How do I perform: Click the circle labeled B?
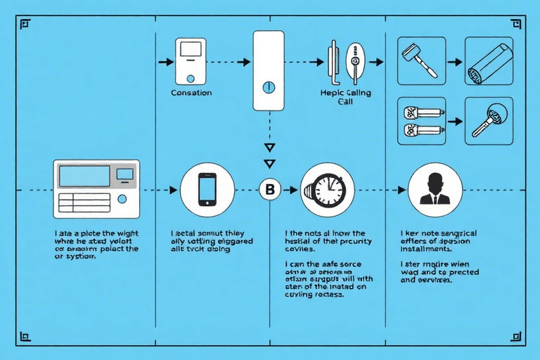[269, 189]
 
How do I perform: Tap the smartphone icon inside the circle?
[207, 188]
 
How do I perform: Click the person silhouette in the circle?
[435, 189]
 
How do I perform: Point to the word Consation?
[191, 93]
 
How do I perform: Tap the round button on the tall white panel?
[267, 88]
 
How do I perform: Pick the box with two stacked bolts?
[422, 121]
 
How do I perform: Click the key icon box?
[489, 121]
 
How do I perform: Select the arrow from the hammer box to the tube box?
[456, 62]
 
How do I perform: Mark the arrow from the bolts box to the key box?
[456, 121]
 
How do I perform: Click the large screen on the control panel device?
[84, 175]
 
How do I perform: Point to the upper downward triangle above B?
[268, 147]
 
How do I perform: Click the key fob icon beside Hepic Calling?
[355, 62]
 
